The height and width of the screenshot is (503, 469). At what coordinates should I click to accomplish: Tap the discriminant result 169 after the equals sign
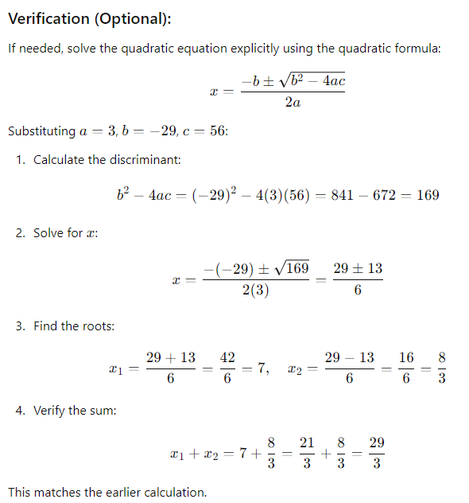pyautogui.click(x=427, y=195)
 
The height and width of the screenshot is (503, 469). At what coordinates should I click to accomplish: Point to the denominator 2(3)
pyautogui.click(x=255, y=291)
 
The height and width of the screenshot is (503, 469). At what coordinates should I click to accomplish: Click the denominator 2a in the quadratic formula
pyautogui.click(x=292, y=103)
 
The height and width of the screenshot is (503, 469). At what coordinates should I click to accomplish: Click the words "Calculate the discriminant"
pyautogui.click(x=107, y=160)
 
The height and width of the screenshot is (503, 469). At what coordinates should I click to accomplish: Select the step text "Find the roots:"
pyautogui.click(x=74, y=326)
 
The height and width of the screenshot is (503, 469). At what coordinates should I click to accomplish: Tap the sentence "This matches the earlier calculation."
pyautogui.click(x=107, y=492)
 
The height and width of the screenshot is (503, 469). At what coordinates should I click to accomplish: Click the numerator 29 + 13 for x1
pyautogui.click(x=171, y=358)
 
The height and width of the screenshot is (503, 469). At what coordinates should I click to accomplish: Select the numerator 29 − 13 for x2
pyautogui.click(x=349, y=358)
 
